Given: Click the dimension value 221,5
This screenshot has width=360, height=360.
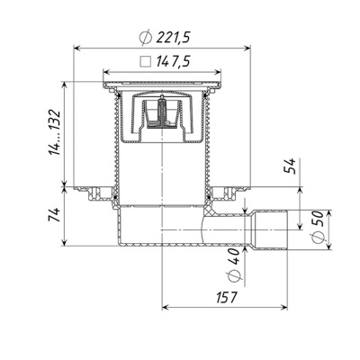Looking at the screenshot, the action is pyautogui.click(x=173, y=38).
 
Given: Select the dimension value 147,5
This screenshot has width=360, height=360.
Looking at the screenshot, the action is pyautogui.click(x=173, y=62).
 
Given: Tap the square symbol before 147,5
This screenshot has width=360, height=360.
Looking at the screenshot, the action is pyautogui.click(x=146, y=61).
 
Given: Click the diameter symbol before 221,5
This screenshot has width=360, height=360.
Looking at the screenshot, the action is pyautogui.click(x=146, y=38).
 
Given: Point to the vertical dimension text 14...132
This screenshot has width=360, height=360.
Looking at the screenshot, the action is pyautogui.click(x=55, y=133).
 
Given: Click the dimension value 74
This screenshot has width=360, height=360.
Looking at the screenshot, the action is pyautogui.click(x=55, y=214).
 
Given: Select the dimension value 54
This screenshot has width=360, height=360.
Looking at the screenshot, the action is pyautogui.click(x=290, y=166).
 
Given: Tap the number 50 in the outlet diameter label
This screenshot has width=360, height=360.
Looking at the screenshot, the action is pyautogui.click(x=319, y=219).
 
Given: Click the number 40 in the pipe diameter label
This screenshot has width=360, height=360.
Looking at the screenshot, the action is pyautogui.click(x=234, y=256).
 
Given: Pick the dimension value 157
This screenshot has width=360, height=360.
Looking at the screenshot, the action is pyautogui.click(x=227, y=297).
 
